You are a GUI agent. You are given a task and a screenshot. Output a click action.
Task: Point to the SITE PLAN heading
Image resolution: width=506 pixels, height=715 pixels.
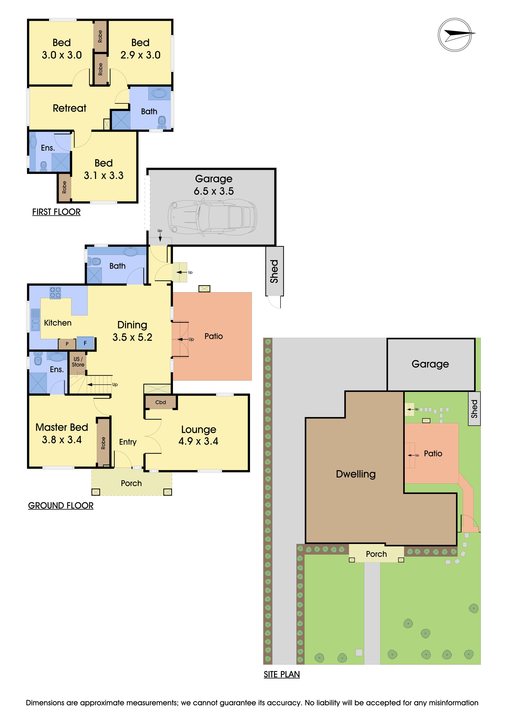click(282, 674)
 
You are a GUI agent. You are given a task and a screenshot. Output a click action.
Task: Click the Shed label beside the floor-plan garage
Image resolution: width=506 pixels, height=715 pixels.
click(274, 271)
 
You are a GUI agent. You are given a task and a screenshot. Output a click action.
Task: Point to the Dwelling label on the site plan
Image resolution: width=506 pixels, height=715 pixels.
click(356, 474)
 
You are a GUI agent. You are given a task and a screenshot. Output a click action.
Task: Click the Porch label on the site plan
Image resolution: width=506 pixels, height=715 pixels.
click(376, 554)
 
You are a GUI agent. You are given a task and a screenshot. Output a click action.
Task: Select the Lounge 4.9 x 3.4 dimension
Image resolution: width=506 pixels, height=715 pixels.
click(198, 441)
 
